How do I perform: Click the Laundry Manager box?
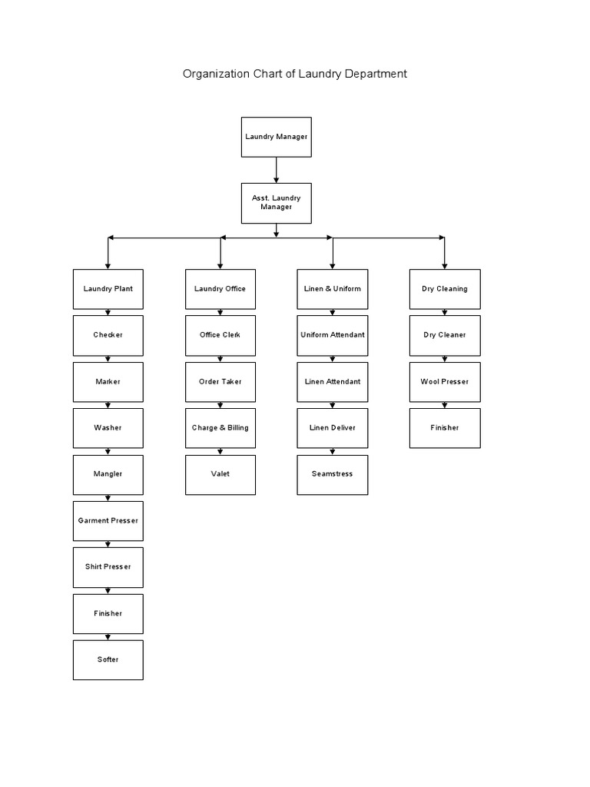[277, 137]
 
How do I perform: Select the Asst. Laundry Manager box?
[277, 203]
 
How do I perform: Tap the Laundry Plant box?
[108, 289]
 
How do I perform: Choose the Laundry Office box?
[220, 289]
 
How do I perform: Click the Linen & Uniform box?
[333, 289]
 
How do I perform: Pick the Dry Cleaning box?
[445, 289]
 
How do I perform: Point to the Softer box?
[108, 659]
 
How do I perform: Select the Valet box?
[220, 474]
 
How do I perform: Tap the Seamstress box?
[333, 474]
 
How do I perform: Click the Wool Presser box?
[445, 382]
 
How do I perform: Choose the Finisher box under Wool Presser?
[445, 428]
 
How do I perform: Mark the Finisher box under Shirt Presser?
[108, 613]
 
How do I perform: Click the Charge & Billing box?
[220, 428]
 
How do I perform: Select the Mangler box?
[108, 474]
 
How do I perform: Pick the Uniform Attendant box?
[333, 335]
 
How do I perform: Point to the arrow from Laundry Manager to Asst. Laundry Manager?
[277, 170]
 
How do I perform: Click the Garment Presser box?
[108, 520]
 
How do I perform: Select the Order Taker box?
[220, 382]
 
